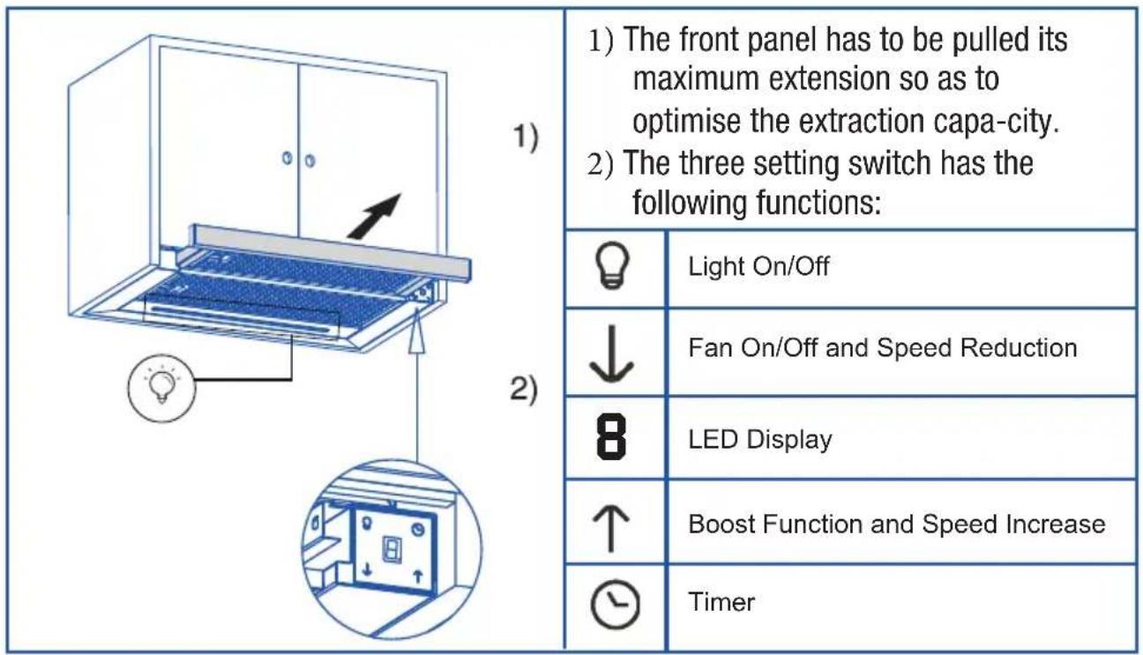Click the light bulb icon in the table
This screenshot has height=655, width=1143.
coord(612,265)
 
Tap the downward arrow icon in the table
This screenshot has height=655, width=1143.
coord(611,354)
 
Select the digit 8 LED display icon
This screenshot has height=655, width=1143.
coord(611,437)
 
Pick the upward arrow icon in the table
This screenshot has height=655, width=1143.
coord(611,528)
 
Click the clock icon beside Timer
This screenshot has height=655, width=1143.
coord(615,604)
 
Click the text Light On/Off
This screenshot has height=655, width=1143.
coord(758,266)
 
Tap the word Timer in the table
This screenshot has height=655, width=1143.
coord(721,602)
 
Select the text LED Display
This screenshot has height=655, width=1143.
coord(759,440)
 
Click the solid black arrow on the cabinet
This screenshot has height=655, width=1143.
coord(374,216)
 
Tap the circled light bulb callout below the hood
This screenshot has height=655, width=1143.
coord(161,388)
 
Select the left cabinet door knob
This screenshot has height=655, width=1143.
coord(288,158)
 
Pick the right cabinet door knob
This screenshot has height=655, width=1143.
coord(310,161)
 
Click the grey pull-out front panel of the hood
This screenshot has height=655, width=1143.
coord(331,253)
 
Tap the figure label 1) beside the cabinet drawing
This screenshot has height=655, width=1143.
coord(526,138)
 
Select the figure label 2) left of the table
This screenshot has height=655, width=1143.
coord(524,391)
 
